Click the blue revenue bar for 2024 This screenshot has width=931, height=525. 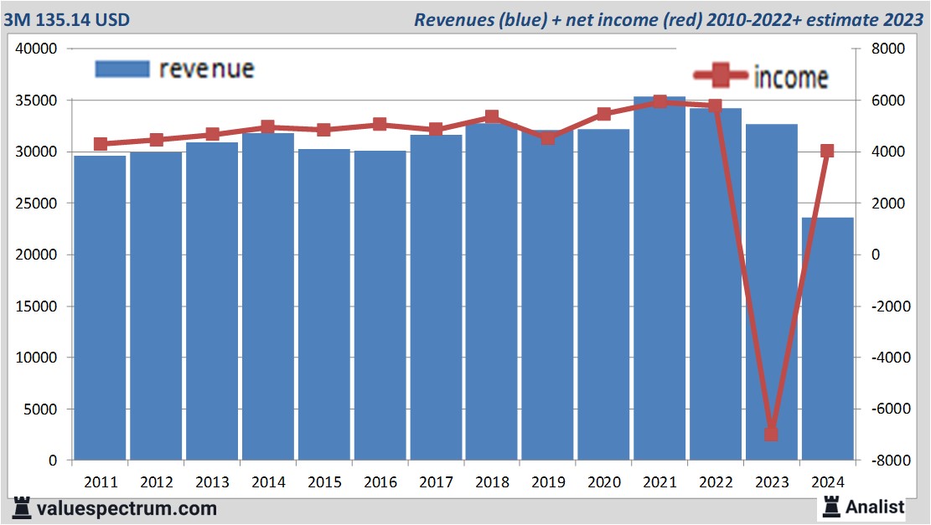[x=827, y=339]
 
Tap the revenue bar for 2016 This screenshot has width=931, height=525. [x=380, y=306]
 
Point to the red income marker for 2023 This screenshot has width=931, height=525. [x=771, y=434]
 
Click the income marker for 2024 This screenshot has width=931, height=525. [x=827, y=152]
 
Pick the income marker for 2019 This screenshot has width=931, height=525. [x=547, y=138]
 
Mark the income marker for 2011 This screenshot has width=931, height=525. [x=101, y=144]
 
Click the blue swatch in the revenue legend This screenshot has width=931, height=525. [x=122, y=69]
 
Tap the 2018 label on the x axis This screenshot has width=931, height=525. [x=492, y=482]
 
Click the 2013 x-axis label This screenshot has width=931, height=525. [x=212, y=482]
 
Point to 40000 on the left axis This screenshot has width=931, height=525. [x=36, y=49]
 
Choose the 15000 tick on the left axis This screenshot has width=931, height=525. [x=36, y=306]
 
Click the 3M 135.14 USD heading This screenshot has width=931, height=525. [x=67, y=18]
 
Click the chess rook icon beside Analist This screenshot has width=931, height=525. [x=830, y=506]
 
